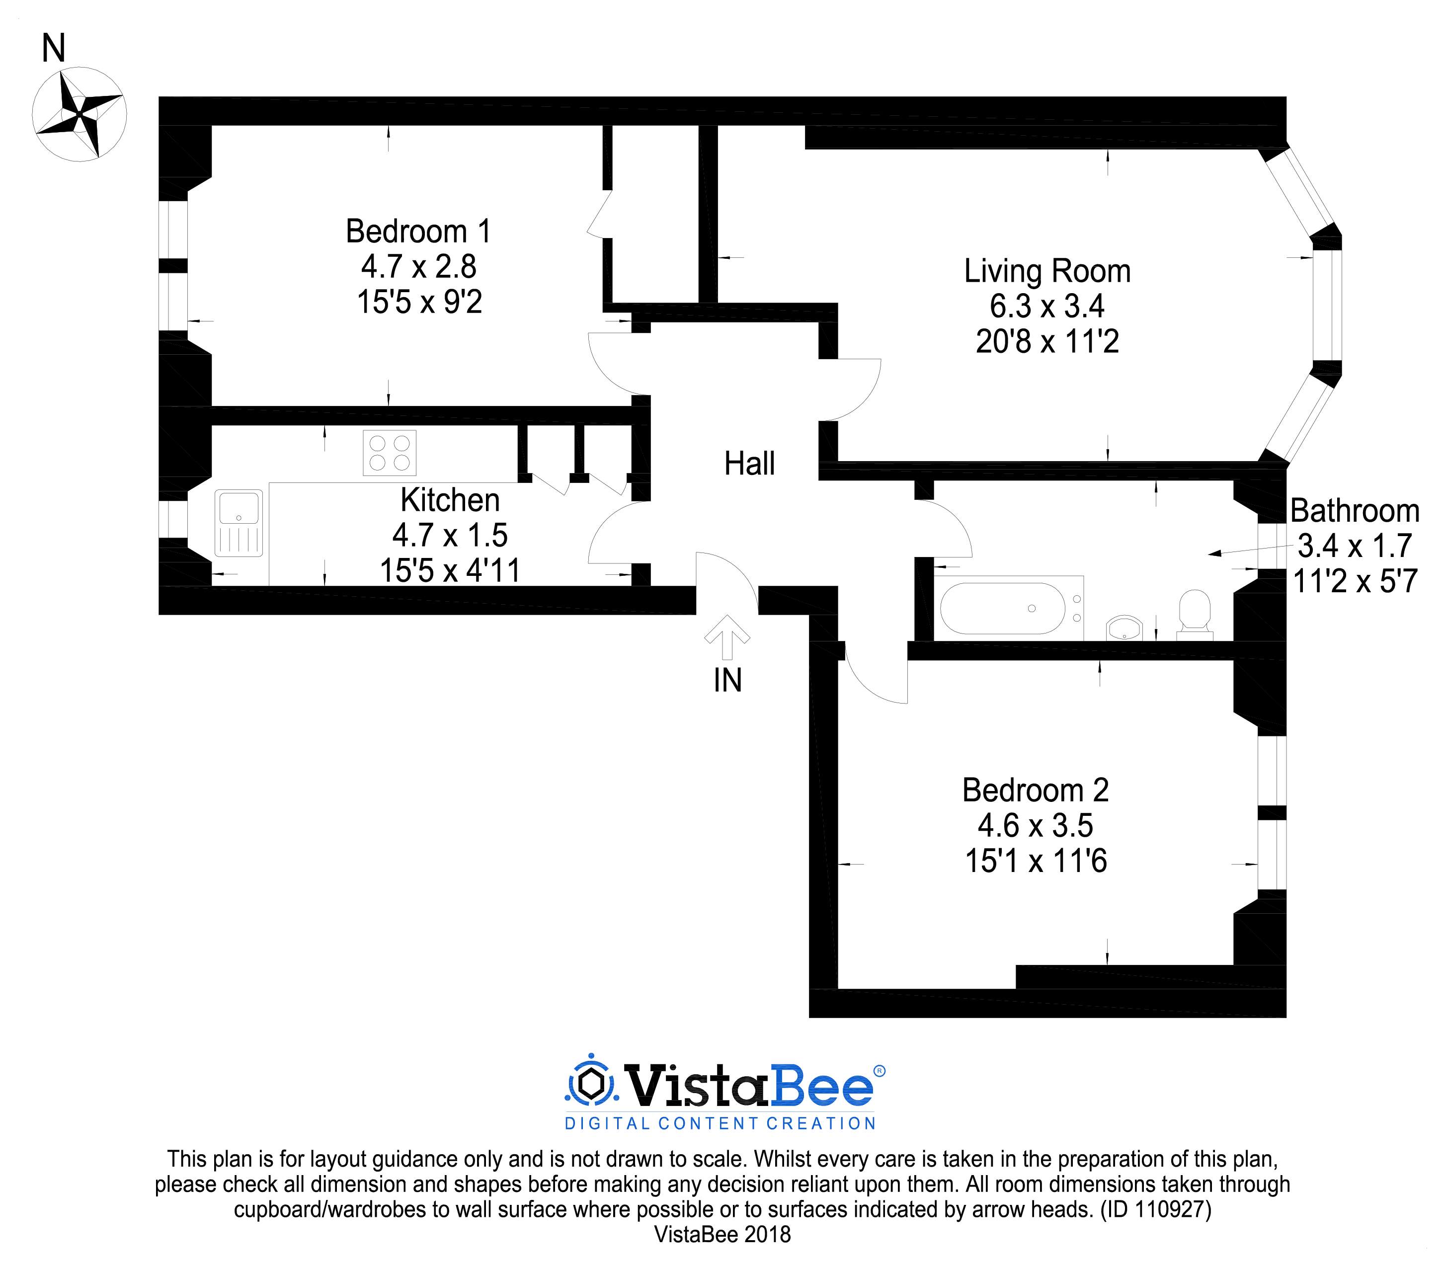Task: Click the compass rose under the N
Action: [79, 113]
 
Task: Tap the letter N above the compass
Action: [54, 49]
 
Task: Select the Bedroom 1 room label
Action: [418, 231]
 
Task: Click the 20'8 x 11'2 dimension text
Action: [1047, 342]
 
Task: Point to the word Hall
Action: [749, 464]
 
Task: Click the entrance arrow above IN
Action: [727, 636]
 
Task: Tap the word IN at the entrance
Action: [727, 681]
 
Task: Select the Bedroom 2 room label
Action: [1035, 791]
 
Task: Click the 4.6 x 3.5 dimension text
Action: [1035, 826]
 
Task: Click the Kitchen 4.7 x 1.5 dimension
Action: [450, 536]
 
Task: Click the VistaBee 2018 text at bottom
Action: [722, 1235]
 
